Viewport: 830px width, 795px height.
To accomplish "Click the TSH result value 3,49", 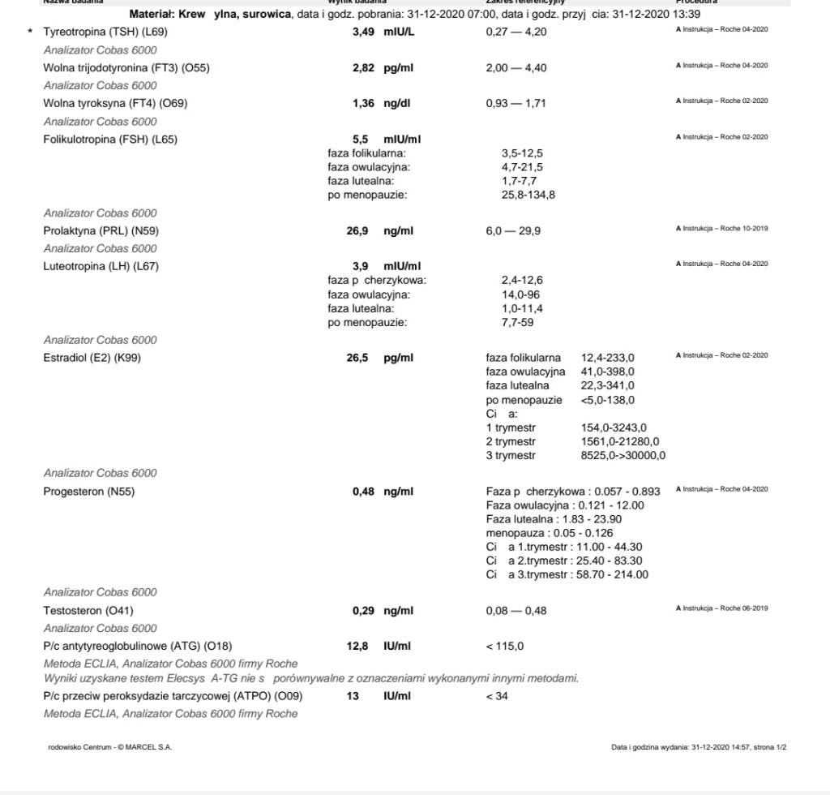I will click(363, 32).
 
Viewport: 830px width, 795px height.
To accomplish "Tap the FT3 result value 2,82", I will click(363, 68).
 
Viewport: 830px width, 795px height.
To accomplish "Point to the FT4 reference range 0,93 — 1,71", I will click(516, 103).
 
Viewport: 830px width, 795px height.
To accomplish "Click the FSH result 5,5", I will click(361, 140).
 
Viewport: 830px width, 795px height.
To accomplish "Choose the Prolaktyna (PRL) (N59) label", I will click(101, 231).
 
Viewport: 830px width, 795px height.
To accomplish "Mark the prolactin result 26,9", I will click(357, 231).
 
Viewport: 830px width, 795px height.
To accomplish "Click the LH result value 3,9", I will click(361, 266).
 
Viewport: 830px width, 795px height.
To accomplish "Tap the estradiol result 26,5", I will click(357, 358).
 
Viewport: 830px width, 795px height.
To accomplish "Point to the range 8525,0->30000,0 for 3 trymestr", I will click(623, 456).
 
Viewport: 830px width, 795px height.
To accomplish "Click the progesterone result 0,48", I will click(363, 492).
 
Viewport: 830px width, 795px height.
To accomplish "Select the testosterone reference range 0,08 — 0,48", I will click(516, 611).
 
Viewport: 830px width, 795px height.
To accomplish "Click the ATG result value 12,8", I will click(357, 647).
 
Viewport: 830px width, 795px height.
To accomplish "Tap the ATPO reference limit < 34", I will click(497, 696).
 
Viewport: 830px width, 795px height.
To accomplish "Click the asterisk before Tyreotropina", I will click(31, 32).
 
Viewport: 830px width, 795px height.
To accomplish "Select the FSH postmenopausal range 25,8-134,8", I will click(528, 196).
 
